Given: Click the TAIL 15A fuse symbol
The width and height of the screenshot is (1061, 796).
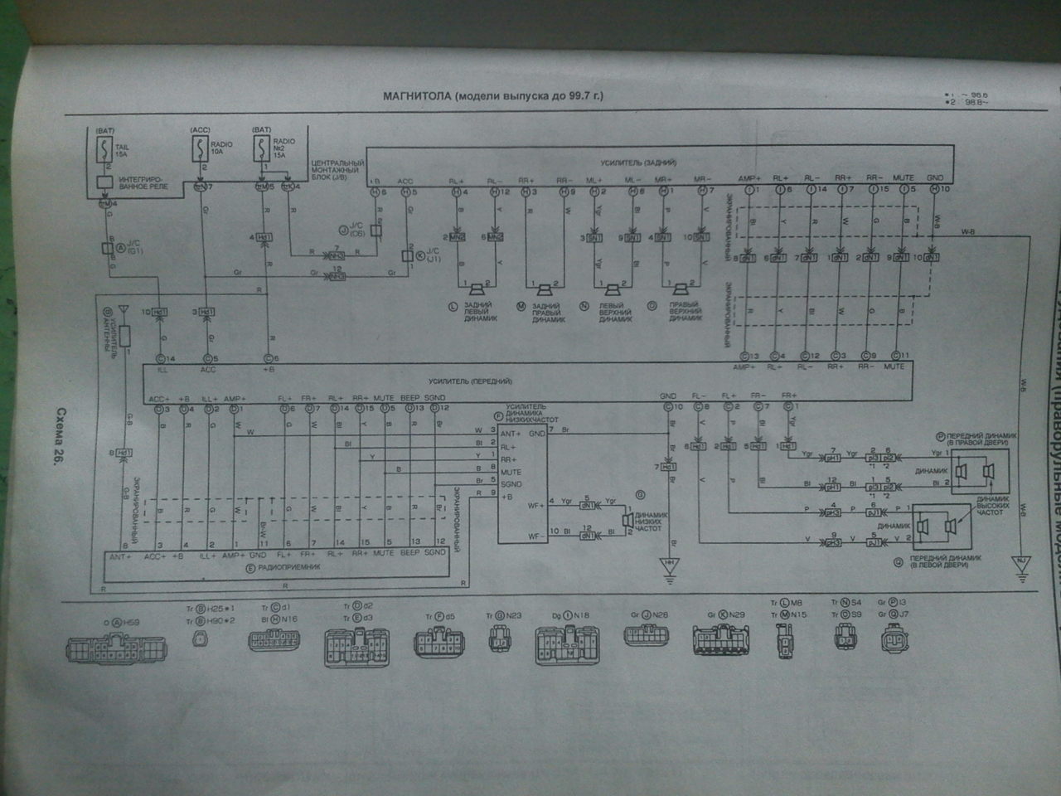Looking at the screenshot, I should click(x=104, y=150).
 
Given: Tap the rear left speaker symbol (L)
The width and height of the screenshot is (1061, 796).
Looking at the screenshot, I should click(x=477, y=289).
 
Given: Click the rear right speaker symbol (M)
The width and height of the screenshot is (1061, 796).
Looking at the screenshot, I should click(x=545, y=289).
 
